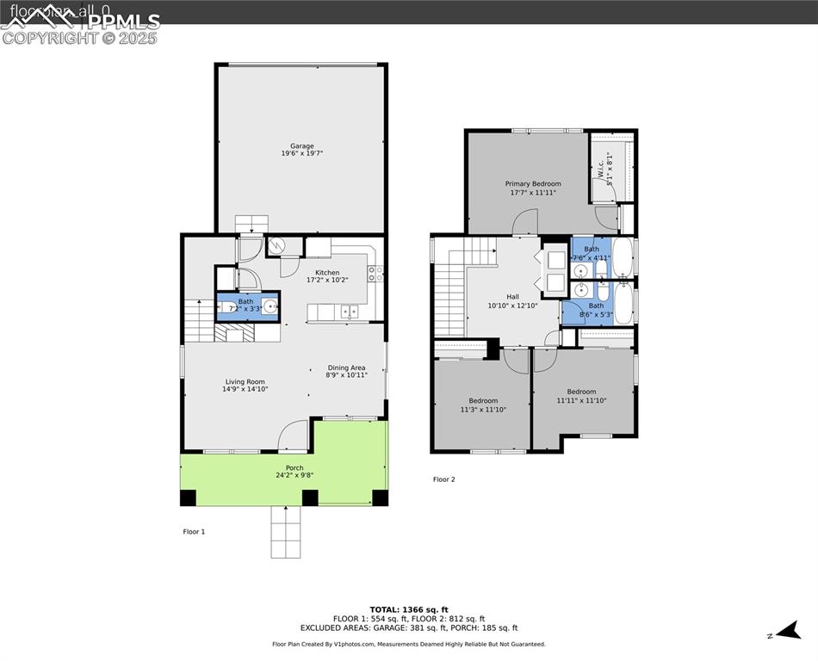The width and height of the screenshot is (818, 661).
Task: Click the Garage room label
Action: click(301, 150)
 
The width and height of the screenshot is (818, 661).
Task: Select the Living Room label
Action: click(245, 386)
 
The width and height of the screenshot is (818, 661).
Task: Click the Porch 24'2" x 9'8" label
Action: click(294, 472)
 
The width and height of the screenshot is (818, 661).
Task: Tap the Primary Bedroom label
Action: click(532, 188)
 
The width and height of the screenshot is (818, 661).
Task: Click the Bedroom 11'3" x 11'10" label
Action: click(483, 405)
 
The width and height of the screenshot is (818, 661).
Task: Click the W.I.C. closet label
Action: click(604, 166)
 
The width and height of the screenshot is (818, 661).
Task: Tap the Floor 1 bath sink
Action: click(270, 306)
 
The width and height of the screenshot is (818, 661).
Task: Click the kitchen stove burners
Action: click(375, 274)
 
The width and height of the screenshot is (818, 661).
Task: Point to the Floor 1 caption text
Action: click(194, 532)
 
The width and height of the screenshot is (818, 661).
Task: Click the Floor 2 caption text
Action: click(443, 479)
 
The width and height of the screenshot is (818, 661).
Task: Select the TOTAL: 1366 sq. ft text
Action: click(409, 609)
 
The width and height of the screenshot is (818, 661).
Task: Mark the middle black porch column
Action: click(309, 497)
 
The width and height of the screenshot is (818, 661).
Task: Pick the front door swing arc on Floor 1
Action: click(294, 435)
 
